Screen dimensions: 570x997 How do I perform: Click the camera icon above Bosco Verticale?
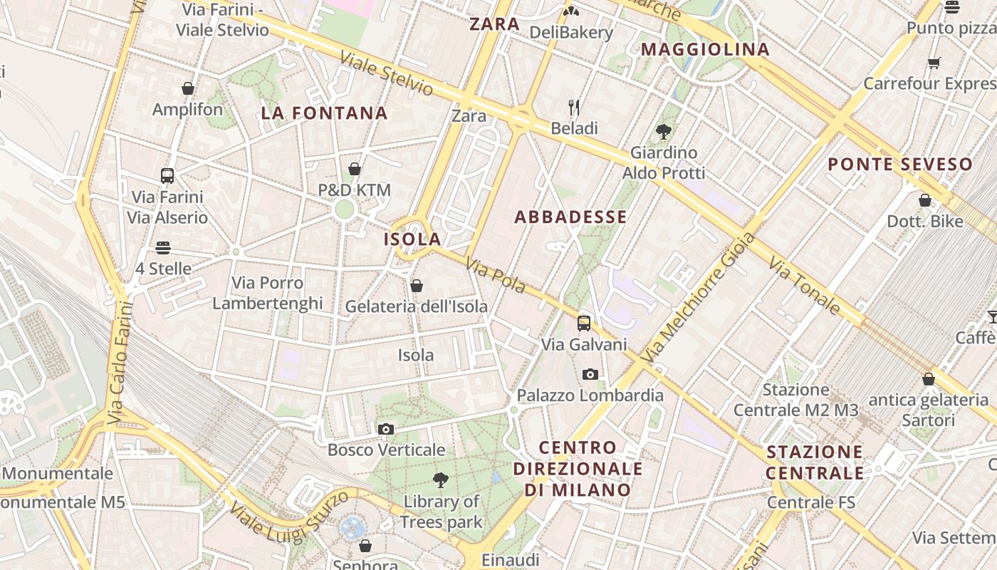click(385, 429)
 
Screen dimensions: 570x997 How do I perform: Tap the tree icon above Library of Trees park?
click(441, 480)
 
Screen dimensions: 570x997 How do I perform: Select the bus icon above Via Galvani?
click(584, 323)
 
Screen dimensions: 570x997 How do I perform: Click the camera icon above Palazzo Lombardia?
click(590, 374)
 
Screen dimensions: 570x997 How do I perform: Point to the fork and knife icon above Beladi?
click(574, 108)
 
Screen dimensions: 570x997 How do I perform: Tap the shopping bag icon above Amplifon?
click(188, 88)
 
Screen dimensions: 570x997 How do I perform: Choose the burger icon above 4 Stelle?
click(163, 248)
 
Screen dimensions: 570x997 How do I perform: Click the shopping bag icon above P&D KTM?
click(354, 169)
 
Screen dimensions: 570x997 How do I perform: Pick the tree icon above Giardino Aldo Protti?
click(664, 131)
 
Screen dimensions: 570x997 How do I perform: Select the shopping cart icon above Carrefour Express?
click(934, 63)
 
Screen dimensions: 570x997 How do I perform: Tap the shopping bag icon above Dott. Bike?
click(924, 200)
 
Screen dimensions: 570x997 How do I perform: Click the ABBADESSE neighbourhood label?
click(570, 217)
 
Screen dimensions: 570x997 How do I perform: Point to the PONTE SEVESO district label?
click(900, 165)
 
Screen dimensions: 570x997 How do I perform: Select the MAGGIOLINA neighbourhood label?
click(706, 50)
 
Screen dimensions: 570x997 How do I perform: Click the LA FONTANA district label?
click(324, 113)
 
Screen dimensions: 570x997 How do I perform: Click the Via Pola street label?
click(496, 276)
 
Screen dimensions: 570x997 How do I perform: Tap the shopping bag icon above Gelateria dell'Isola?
click(417, 286)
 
